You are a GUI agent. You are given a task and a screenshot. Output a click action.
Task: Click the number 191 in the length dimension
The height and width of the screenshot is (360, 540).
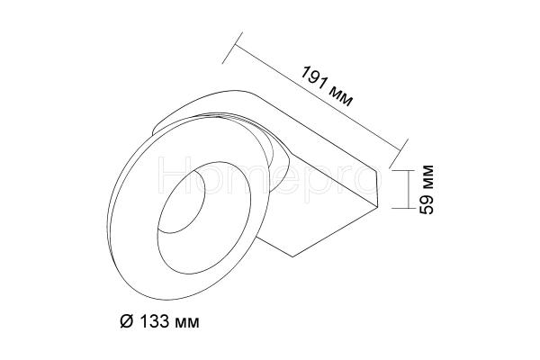(313, 79)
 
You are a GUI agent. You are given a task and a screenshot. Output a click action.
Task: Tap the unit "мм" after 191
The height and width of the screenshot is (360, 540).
(340, 96)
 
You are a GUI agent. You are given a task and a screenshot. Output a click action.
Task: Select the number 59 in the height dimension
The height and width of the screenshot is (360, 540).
(427, 204)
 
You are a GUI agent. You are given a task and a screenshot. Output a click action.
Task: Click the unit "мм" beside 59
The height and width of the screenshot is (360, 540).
(427, 177)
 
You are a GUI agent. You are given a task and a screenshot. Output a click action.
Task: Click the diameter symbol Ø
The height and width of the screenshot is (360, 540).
(126, 321)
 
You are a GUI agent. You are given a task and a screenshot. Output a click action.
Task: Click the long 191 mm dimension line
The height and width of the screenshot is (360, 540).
(318, 97)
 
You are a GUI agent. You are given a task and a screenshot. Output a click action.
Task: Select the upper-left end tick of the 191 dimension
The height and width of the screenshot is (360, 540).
(232, 48)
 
